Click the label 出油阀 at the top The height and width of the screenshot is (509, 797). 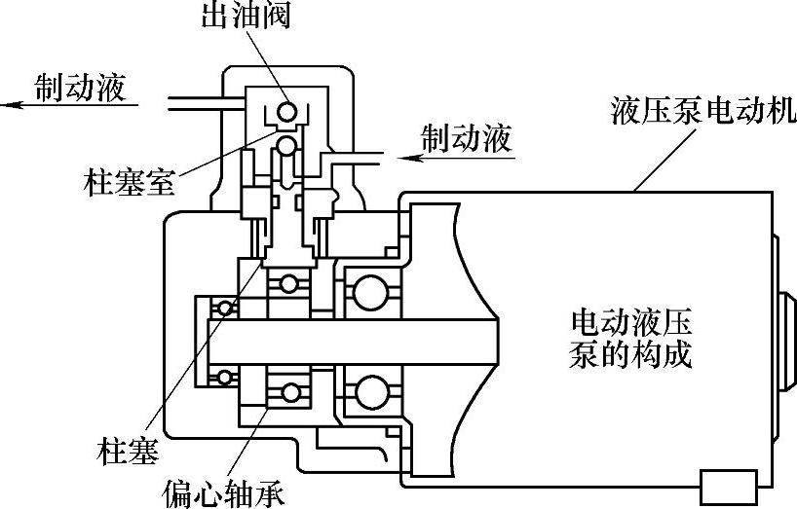pos(246,18)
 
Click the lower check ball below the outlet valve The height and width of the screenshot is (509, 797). pos(288,146)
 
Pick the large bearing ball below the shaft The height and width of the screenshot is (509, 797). pos(371,393)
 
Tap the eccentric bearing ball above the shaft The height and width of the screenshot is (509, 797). pos(288,284)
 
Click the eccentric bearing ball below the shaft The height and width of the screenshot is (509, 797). pos(289,393)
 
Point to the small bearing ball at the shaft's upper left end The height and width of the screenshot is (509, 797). pos(226,309)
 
